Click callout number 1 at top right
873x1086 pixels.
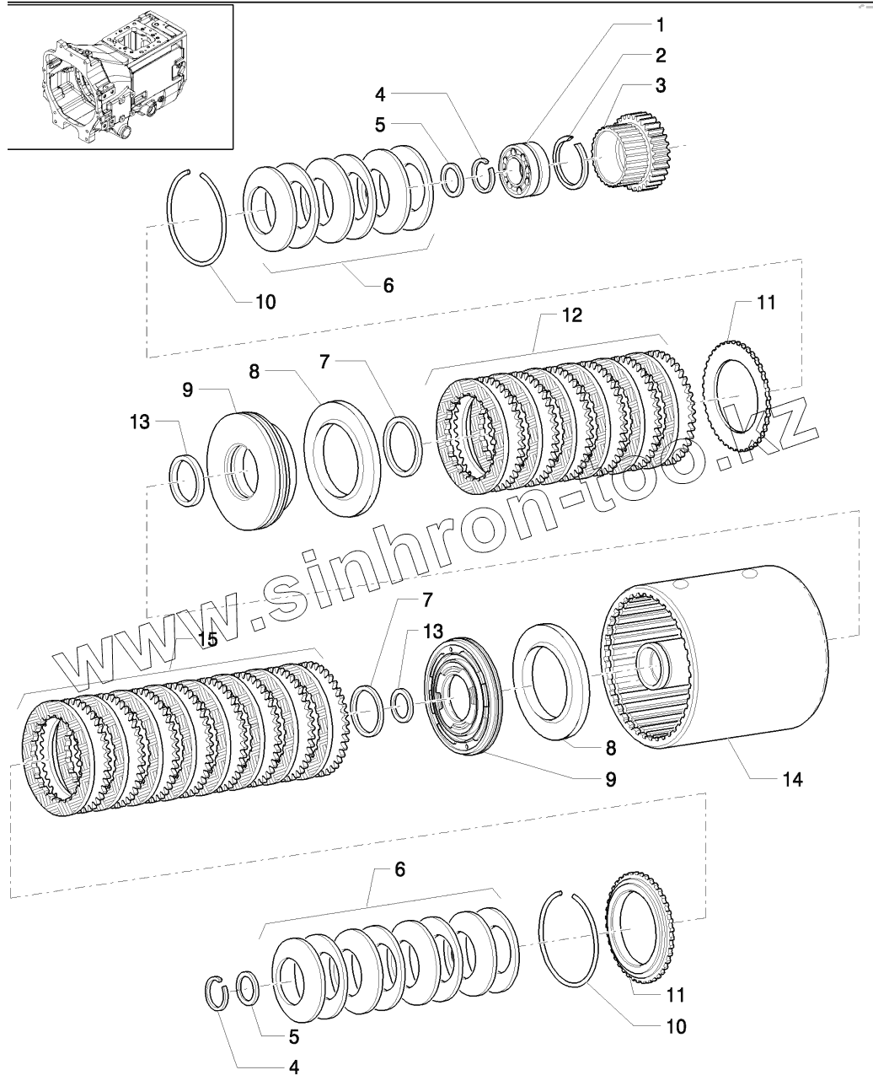pos(661,25)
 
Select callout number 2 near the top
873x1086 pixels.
pos(661,56)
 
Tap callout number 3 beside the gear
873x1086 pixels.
pos(661,86)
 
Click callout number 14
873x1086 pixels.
pos(792,780)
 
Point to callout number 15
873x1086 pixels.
pos(207,639)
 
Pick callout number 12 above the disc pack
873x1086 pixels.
pos(571,315)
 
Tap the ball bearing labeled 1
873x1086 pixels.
pos(524,169)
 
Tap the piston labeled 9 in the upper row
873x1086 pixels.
pos(252,470)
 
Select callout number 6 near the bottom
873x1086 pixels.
pos(399,869)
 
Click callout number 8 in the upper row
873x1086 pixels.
pos(254,372)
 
